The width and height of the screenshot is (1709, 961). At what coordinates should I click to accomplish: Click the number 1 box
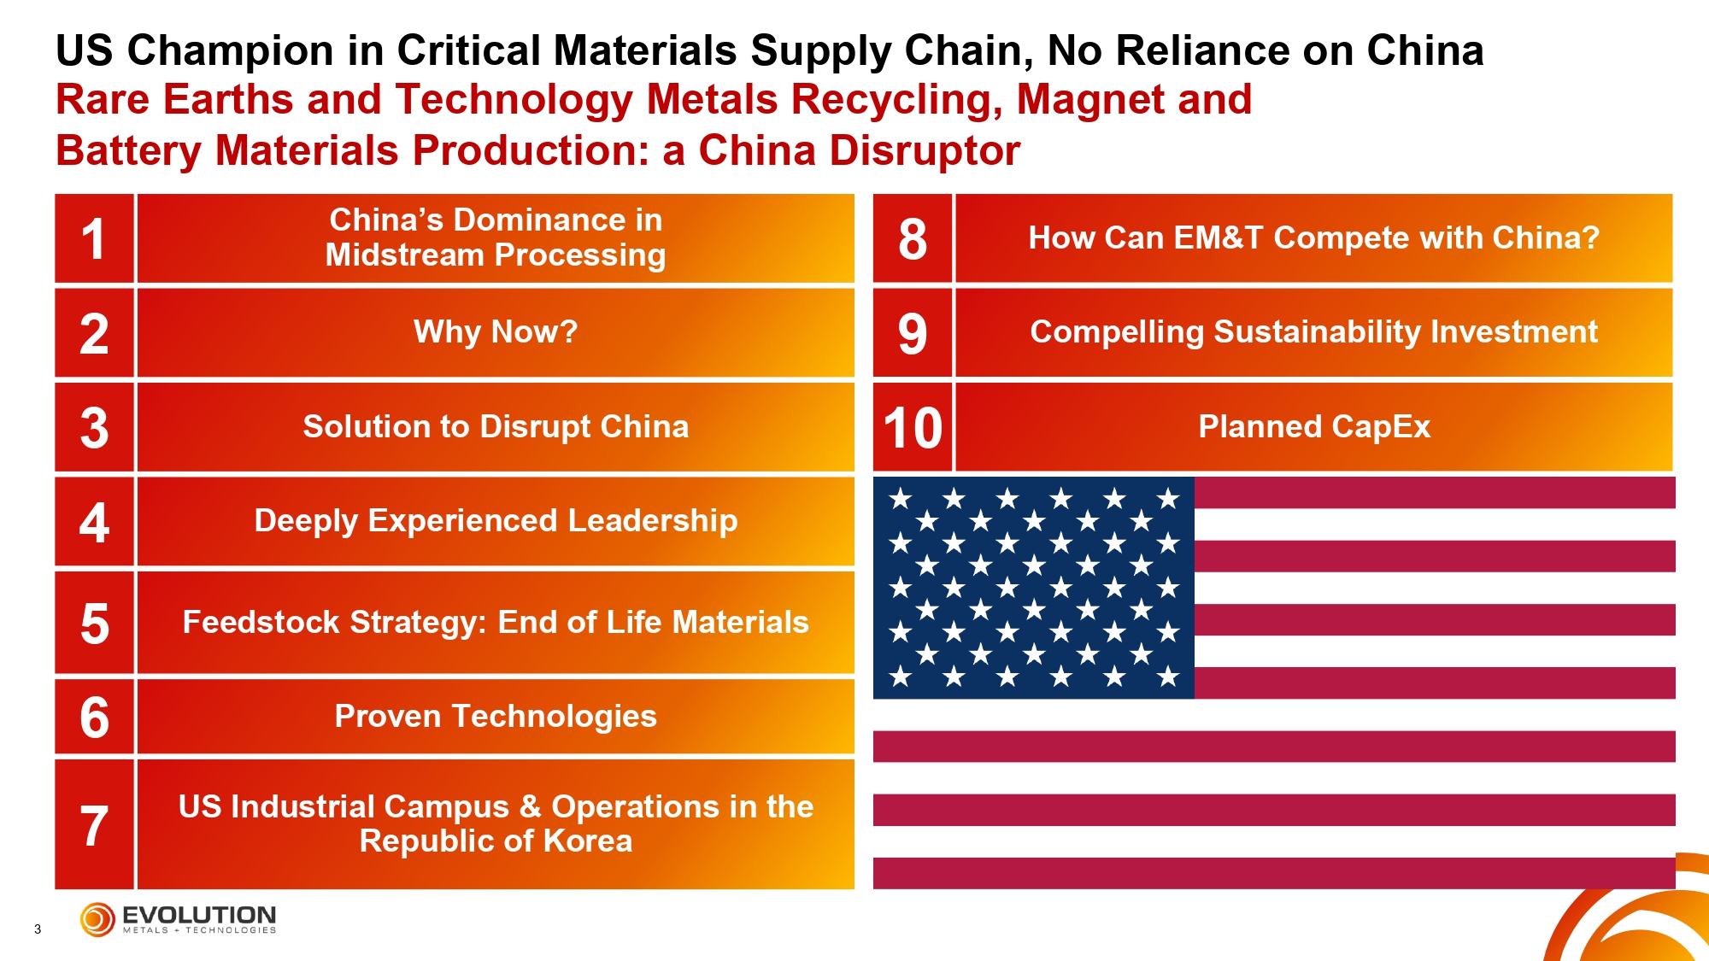click(x=94, y=238)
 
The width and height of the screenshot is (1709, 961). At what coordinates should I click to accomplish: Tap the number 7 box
click(x=94, y=824)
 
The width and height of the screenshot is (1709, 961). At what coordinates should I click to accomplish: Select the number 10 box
click(x=913, y=427)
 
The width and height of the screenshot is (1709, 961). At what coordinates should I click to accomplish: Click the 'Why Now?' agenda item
click(x=496, y=332)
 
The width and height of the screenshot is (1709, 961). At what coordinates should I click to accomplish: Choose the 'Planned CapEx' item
click(x=1314, y=427)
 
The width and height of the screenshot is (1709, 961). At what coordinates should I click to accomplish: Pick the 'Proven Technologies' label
click(x=496, y=717)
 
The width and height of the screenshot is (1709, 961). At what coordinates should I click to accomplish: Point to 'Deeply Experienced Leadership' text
click(x=496, y=521)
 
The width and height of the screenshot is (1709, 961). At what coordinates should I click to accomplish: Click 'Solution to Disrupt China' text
click(x=496, y=427)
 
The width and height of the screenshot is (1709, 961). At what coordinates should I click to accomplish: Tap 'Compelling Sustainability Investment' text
click(x=1314, y=332)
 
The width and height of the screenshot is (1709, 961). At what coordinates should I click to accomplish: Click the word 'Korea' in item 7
click(x=588, y=841)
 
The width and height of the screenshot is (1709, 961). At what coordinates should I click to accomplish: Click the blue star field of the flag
click(x=1033, y=588)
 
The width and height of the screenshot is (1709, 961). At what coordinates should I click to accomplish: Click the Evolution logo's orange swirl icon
click(x=97, y=920)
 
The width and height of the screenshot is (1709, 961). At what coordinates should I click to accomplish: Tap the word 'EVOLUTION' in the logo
click(x=199, y=915)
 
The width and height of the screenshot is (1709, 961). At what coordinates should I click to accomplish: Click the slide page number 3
click(x=38, y=929)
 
